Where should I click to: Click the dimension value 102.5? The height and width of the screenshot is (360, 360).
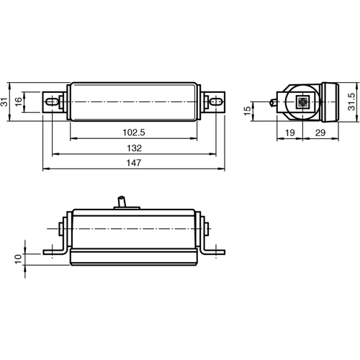coord(133,132)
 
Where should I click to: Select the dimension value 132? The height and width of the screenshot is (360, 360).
coord(133,148)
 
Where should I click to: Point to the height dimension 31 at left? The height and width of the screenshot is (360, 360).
coord(6,102)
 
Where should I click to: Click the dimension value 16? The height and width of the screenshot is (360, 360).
coord(19,102)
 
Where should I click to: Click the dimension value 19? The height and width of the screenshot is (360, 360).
coord(288,132)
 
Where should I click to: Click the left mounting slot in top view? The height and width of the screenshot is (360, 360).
coord(52,102)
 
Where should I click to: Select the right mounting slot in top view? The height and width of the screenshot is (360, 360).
coord(215,102)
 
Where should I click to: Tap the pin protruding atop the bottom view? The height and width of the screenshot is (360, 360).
coord(122,202)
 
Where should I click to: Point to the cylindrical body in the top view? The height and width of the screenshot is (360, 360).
coord(133,102)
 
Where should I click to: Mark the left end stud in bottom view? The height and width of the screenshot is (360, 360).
coord(58,230)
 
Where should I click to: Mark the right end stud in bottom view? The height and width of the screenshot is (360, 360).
coord(208,230)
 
